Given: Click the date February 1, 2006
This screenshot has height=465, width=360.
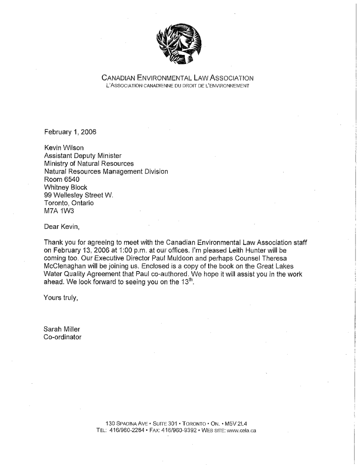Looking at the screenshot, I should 70,132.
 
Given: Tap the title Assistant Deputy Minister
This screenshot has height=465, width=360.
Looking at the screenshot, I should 83,156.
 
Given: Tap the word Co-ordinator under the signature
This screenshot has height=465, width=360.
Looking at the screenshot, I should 63,336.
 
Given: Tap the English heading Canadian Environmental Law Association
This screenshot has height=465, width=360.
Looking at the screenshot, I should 177,78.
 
